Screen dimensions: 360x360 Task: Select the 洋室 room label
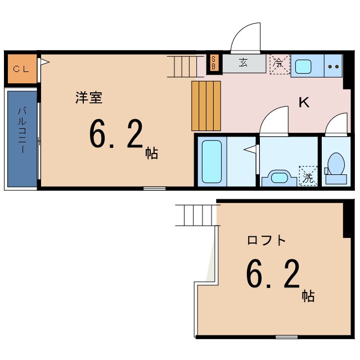[x=89, y=97]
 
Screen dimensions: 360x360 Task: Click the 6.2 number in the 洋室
[x=116, y=136]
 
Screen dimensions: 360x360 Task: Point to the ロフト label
[x=267, y=240]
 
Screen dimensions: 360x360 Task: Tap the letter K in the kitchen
[x=304, y=102]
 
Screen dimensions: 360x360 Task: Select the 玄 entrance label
[x=244, y=63]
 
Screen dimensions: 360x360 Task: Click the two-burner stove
[x=334, y=66]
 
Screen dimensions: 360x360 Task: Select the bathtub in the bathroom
[x=211, y=161]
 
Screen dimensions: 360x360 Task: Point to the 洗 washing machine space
[x=308, y=175]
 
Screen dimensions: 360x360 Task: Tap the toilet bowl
[x=336, y=165]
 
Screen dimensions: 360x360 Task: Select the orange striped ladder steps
[x=206, y=105]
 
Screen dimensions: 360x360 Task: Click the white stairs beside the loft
[x=196, y=215]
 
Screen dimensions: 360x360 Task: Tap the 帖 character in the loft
[x=308, y=295]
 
